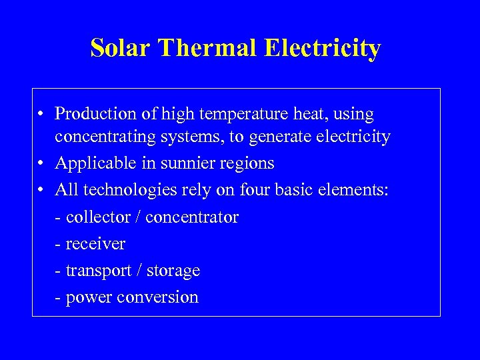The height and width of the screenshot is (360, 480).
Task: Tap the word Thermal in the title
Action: (207, 49)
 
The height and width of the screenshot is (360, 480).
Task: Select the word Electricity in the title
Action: (323, 49)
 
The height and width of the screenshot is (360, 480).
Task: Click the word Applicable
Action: (90, 163)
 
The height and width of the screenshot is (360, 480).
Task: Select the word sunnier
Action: (172, 163)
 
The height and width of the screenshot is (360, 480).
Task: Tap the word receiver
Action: (95, 244)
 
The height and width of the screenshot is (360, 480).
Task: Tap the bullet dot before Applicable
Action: (41, 164)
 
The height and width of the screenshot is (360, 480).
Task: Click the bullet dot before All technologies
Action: (41, 191)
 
